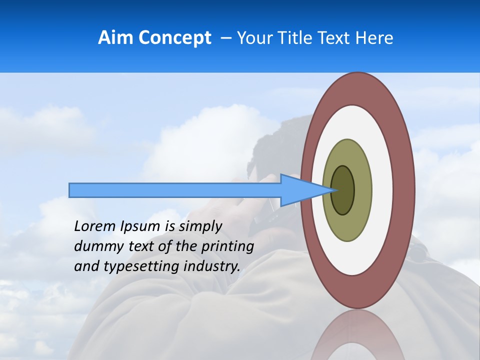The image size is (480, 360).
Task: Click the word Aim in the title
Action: point(115,38)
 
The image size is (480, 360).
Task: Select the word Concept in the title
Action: point(174,38)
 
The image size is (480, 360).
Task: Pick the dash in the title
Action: point(226,38)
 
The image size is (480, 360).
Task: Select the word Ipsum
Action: point(141,226)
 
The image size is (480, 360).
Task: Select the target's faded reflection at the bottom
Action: point(358,335)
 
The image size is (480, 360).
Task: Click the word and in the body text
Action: point(86,266)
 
